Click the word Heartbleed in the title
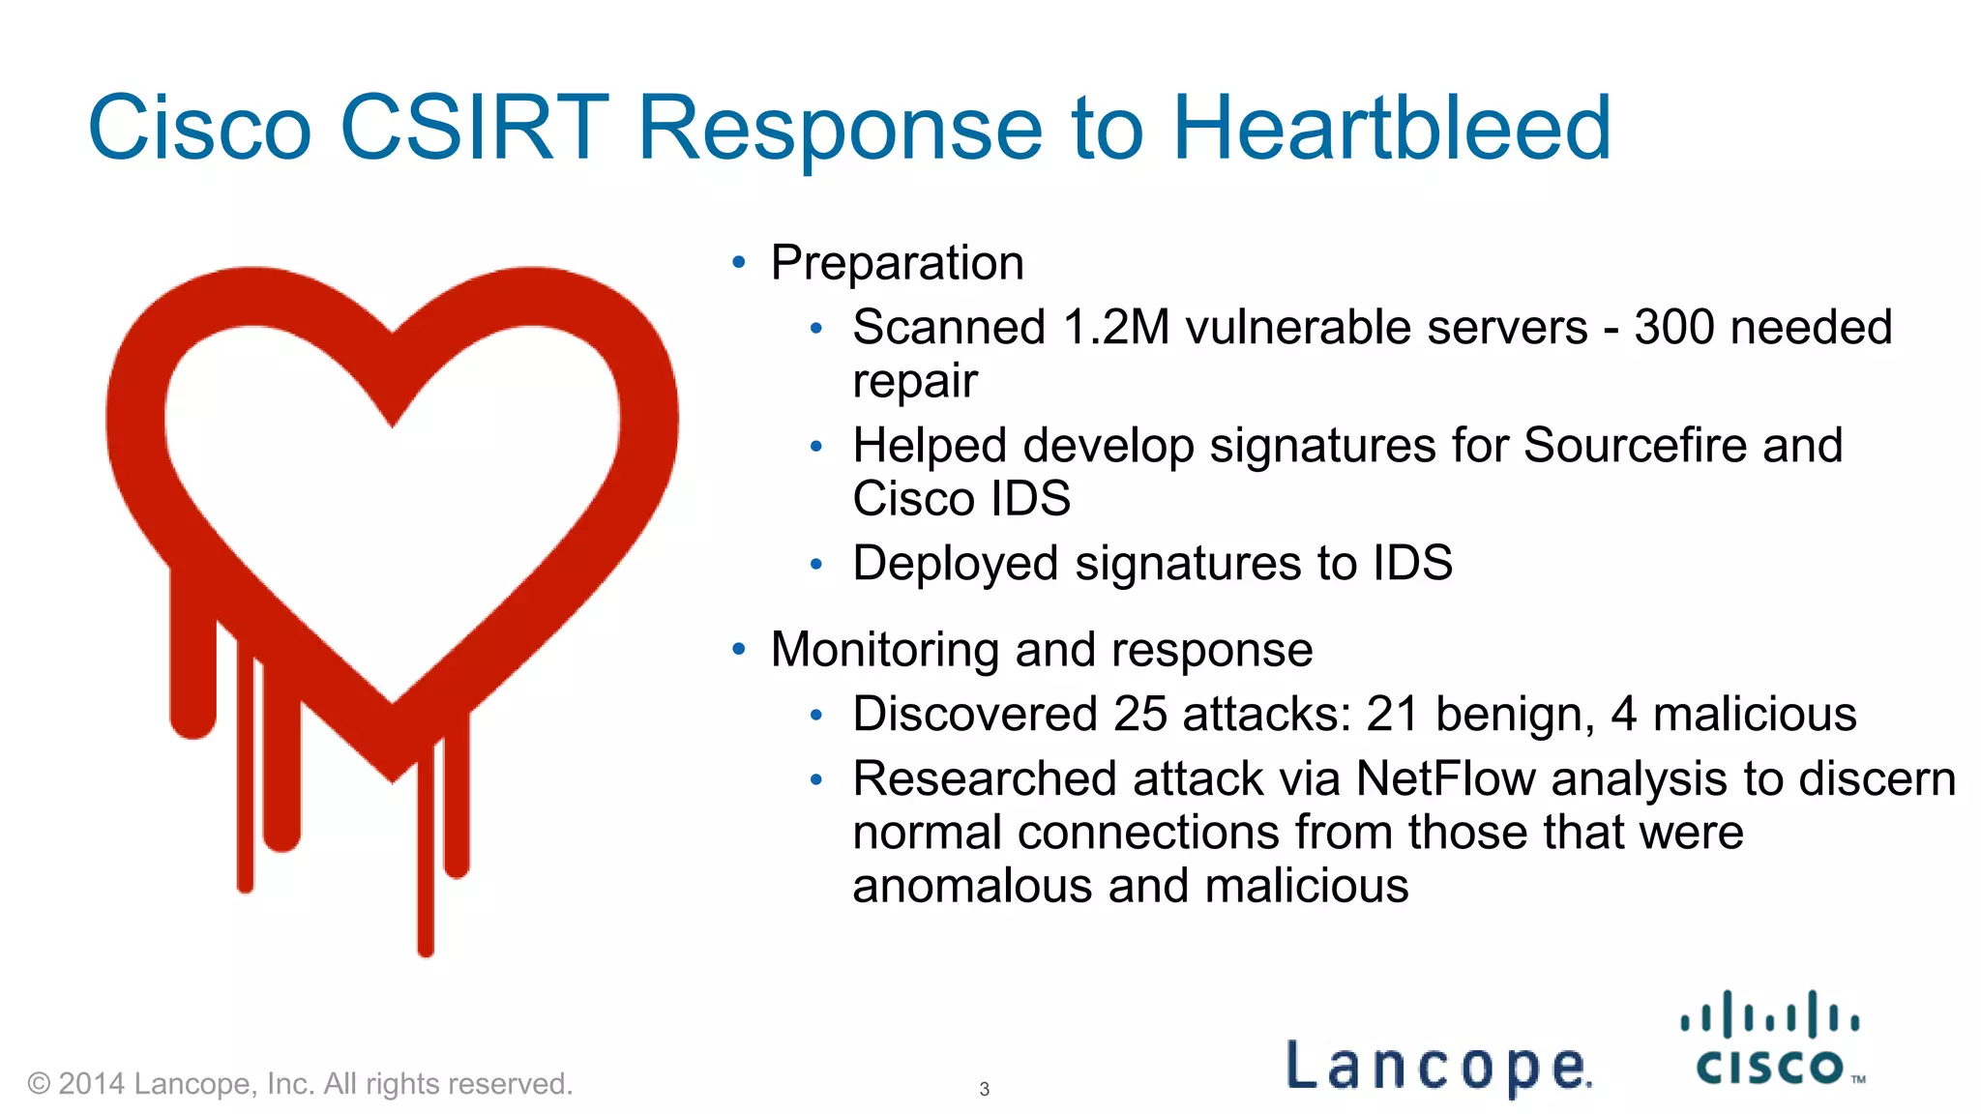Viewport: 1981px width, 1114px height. click(x=1391, y=128)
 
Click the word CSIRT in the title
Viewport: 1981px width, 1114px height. click(x=474, y=128)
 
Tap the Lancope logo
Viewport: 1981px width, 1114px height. click(x=1438, y=1066)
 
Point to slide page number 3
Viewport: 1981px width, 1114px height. click(x=984, y=1089)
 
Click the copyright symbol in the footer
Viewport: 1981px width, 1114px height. click(x=39, y=1083)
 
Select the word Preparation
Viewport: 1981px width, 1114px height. click(x=897, y=263)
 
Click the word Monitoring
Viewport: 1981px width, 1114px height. click(x=884, y=650)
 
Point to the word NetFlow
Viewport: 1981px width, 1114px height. click(x=1445, y=778)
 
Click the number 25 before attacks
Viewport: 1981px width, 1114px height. click(x=1140, y=715)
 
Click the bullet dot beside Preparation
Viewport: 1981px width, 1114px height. click(x=739, y=262)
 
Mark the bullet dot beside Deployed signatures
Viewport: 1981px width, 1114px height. click(x=816, y=564)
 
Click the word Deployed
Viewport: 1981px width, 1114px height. click(x=955, y=564)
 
